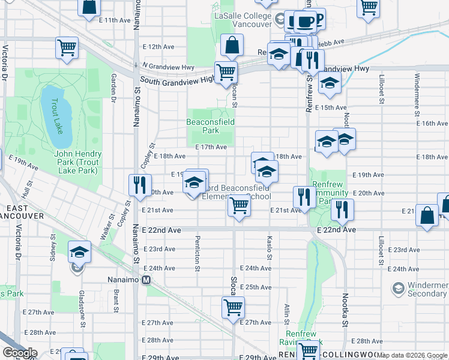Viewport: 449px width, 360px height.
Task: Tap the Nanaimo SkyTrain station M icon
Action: coord(146,280)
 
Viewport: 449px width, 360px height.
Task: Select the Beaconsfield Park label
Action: coord(210,125)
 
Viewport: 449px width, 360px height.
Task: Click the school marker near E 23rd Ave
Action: coord(79,252)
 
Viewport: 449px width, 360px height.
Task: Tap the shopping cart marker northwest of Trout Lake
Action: coord(67,48)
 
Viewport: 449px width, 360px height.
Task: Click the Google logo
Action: coord(19,353)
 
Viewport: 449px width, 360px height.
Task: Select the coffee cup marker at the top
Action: coord(305,22)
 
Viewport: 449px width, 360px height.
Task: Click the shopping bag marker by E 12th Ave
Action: coord(231,45)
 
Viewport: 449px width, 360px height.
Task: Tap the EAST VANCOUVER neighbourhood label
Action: coord(22,211)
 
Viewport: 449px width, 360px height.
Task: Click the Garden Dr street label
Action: coord(113,88)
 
